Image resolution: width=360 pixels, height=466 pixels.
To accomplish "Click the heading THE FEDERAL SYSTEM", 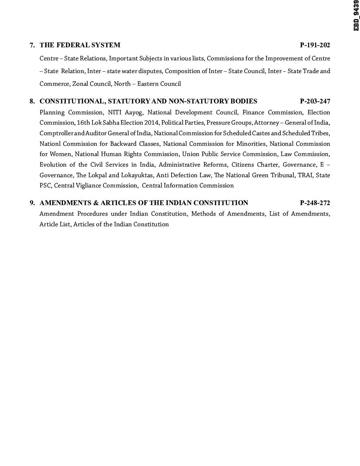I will pos(80,45).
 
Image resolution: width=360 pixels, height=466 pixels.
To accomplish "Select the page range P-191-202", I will pos(315,45).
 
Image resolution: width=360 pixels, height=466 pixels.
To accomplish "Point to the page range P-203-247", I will pos(315,101).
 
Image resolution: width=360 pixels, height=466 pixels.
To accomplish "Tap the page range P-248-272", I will pos(315,203).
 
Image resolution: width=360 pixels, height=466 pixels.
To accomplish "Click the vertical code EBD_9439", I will pos(356,16).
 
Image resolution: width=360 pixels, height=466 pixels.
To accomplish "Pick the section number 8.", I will pos(32,101).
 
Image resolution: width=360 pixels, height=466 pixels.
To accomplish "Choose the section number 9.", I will pos(32,203).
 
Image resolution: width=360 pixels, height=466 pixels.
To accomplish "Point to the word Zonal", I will pos(80,84).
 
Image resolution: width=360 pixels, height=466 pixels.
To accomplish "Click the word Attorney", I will pos(266,123).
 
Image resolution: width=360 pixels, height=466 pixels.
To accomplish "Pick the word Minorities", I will pos(251,144).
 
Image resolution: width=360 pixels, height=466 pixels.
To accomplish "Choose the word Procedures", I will pos(92,214).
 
